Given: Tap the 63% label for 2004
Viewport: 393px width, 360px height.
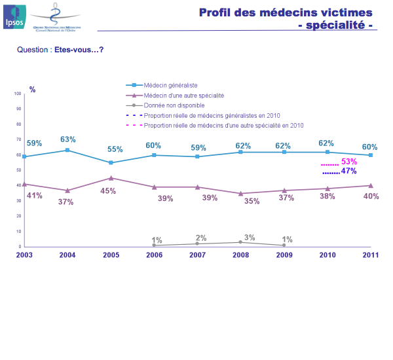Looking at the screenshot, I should click(68, 139).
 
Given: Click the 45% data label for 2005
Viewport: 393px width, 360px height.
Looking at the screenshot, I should click(108, 191).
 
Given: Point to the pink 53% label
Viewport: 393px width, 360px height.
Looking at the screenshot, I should click(349, 162).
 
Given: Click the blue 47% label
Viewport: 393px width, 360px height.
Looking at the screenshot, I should click(348, 171).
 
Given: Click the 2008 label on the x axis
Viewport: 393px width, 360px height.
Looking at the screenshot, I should click(240, 255).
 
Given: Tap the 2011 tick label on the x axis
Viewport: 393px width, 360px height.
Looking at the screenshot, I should click(370, 255).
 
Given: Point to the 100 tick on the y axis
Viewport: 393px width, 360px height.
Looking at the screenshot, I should click(18, 94).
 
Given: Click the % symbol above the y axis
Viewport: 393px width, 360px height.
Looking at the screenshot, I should click(33, 89).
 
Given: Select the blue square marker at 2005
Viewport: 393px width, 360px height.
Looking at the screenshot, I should click(111, 162).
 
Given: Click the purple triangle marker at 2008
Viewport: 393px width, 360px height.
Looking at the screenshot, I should click(240, 194).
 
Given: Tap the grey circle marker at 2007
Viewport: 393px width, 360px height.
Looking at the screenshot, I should click(197, 243).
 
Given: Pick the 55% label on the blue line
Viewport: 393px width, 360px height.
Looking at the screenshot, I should click(115, 149).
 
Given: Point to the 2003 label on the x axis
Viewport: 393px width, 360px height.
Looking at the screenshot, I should click(24, 255).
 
